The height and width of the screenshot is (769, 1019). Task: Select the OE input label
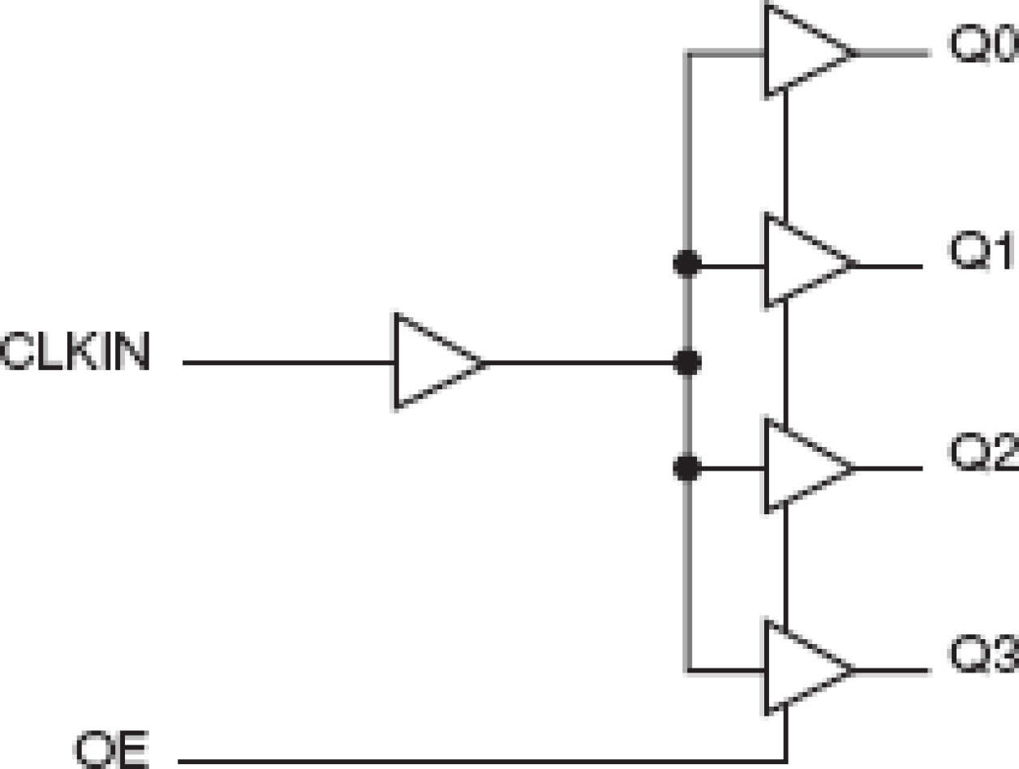113,750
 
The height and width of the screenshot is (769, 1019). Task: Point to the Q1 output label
982,253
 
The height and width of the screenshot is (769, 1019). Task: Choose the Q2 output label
982,456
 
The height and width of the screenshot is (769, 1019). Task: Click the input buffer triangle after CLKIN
431,362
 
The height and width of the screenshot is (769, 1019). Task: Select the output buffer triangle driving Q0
799,52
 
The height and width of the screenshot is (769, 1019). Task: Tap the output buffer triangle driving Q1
799,263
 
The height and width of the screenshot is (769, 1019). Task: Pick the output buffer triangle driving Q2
799,467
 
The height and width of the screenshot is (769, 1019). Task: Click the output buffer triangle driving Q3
799,670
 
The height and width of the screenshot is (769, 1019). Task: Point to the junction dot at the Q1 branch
687,264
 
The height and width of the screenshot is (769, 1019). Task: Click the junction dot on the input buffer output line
687,363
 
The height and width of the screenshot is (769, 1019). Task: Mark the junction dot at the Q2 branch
687,468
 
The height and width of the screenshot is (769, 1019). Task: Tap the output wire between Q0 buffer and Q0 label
892,54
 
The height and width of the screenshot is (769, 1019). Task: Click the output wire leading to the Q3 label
892,671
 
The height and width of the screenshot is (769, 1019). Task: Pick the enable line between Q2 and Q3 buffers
785,568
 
